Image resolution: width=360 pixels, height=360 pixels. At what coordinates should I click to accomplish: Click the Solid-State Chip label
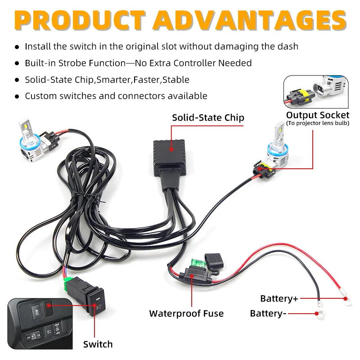208,118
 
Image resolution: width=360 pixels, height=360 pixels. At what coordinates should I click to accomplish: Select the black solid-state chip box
170,153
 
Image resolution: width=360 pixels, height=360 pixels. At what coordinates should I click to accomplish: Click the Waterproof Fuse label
186,313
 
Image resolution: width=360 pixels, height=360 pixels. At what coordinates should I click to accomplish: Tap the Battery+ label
279,299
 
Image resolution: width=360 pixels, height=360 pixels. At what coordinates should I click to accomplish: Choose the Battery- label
268,313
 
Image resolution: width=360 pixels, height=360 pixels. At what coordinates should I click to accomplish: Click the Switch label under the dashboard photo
98,344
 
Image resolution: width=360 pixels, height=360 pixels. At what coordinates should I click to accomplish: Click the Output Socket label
318,115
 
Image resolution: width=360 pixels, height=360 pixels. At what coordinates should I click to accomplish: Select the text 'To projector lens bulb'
318,123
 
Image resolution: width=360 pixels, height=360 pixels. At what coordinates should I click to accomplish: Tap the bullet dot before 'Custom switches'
17,96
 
